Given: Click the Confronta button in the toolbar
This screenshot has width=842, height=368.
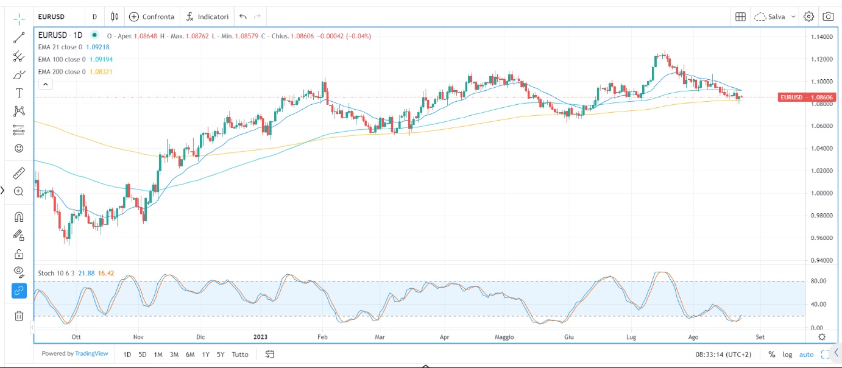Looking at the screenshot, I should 152,16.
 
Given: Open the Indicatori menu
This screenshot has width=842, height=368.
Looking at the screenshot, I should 207,16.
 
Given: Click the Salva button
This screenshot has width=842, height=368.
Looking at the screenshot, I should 776,16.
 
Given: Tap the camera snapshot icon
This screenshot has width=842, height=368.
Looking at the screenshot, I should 828,16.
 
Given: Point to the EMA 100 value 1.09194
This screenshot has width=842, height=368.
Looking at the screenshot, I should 99,59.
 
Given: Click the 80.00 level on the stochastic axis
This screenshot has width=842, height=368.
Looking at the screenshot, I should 819,281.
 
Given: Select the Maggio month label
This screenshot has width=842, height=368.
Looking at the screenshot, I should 504,336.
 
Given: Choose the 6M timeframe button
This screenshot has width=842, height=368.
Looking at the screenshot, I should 190,355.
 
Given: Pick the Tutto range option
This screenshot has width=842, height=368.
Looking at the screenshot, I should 240,355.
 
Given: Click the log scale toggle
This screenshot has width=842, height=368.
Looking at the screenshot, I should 788,355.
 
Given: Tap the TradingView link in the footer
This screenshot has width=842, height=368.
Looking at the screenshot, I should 92,353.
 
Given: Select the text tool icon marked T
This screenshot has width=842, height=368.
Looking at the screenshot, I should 19,93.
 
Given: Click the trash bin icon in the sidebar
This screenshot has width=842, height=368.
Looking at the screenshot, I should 19,316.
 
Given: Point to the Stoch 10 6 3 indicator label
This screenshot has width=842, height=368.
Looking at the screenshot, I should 54,273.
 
